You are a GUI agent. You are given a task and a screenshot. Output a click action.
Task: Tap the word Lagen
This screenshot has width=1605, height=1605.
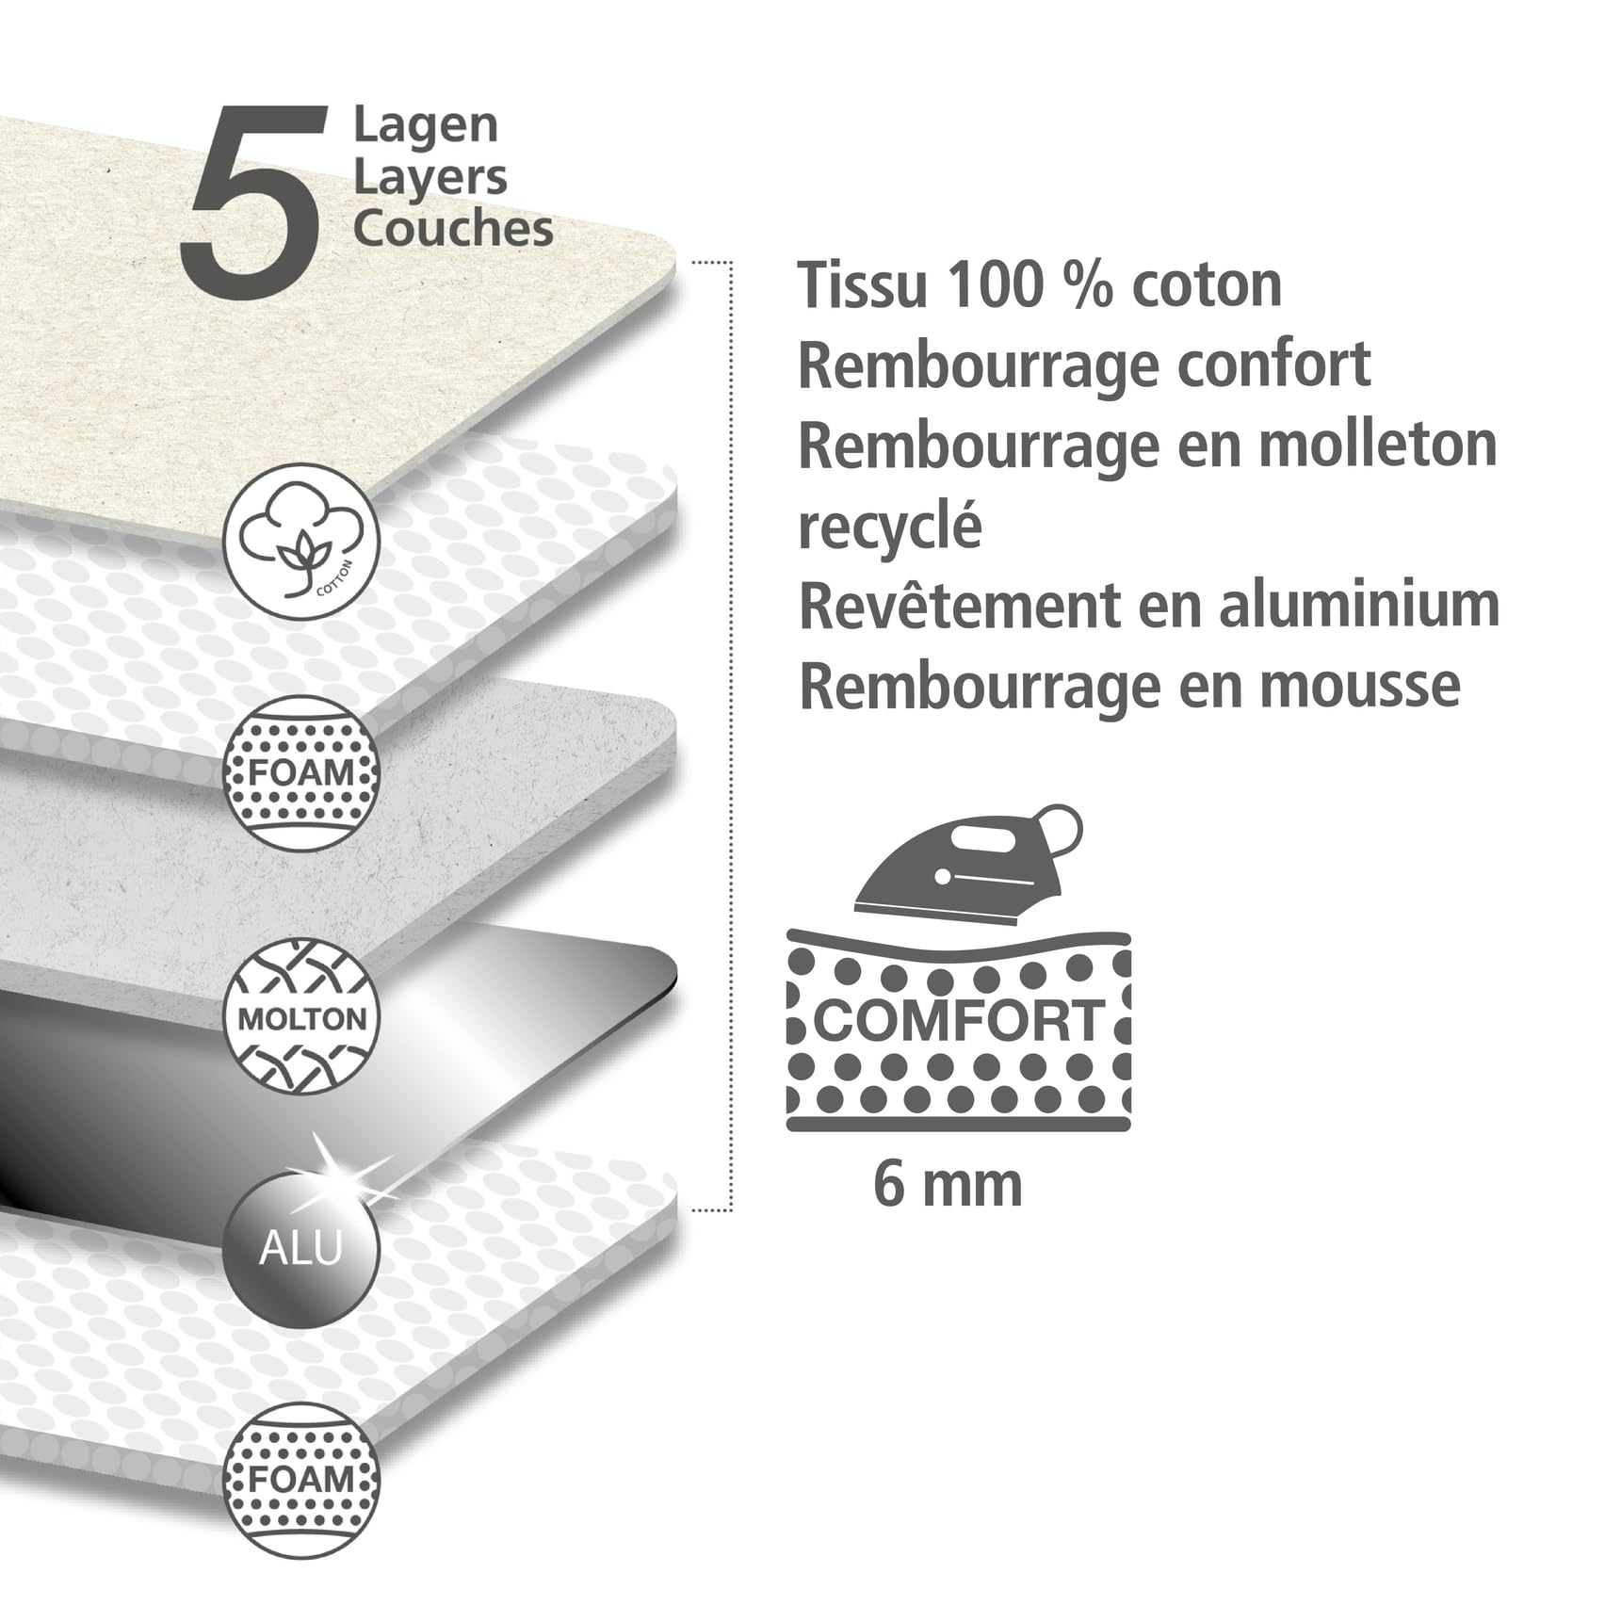pos(426,126)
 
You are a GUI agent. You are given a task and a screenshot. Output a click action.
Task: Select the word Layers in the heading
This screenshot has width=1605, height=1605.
pos(430,177)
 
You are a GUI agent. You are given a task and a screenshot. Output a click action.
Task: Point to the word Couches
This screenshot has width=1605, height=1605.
pos(454,228)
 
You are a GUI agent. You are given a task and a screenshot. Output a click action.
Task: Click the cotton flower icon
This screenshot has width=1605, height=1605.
pos(301,542)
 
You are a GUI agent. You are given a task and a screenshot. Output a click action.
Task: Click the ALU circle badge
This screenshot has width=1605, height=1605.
pos(301,1248)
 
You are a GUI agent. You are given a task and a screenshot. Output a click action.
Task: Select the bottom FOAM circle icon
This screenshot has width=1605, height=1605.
pos(301,1480)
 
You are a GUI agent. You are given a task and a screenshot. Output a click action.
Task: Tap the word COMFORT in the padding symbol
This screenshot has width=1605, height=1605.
pos(959,1020)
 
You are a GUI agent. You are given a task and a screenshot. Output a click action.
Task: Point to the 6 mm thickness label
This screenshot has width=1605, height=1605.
pos(948,1184)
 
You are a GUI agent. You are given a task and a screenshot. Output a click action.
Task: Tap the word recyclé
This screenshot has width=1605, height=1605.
pos(890,526)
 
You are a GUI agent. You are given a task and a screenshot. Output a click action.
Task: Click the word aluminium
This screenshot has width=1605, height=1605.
pos(1359,605)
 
